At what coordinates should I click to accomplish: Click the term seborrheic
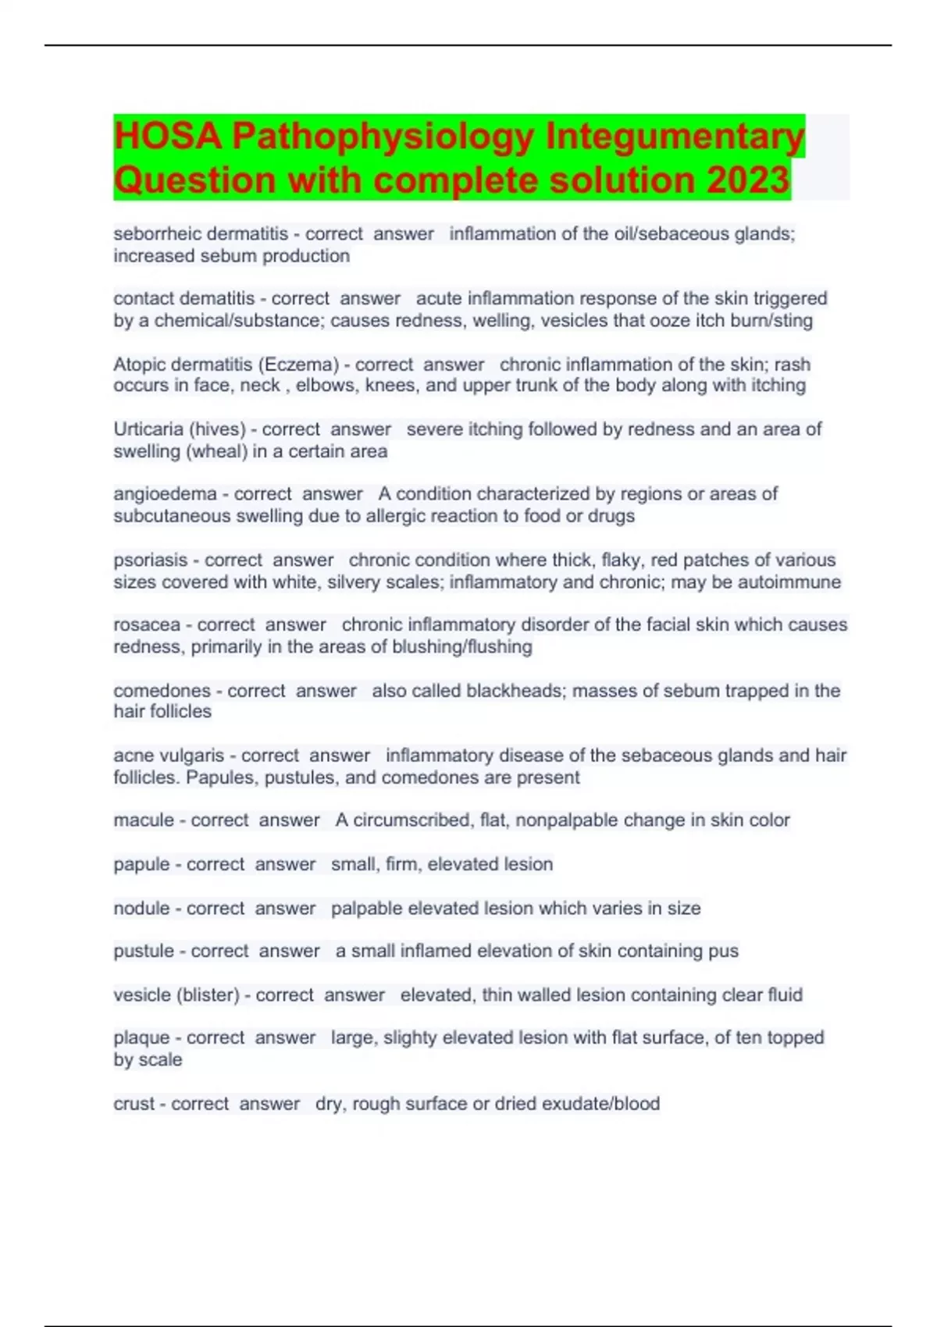pos(157,233)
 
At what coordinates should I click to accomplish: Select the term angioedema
pos(165,494)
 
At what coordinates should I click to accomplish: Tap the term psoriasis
pos(150,560)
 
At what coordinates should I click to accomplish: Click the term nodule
pos(141,909)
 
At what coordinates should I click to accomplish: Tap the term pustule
pos(144,951)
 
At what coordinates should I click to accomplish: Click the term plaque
pos(141,1037)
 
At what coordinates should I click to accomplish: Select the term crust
pos(134,1104)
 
